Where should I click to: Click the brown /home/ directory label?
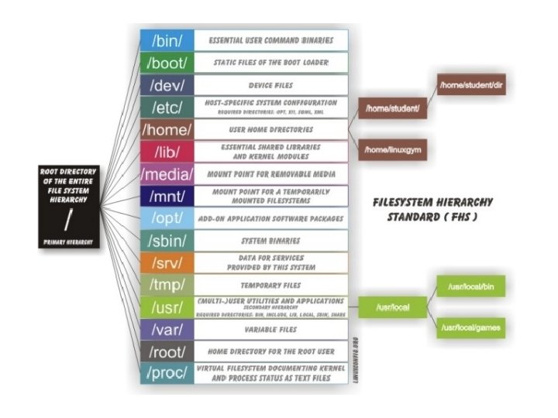166,129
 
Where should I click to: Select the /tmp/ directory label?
164,285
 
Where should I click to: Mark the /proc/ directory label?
165,373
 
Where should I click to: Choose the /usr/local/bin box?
472,288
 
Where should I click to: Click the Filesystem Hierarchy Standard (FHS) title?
432,208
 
